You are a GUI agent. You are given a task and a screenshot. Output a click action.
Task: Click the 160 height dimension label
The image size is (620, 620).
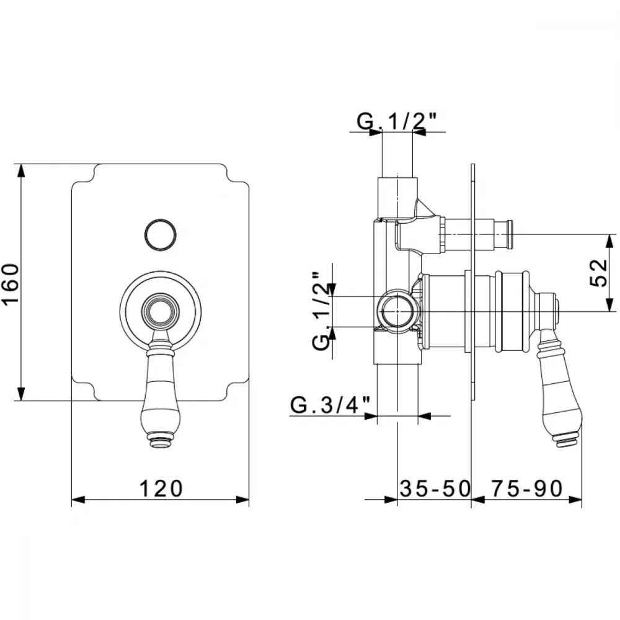(x=11, y=284)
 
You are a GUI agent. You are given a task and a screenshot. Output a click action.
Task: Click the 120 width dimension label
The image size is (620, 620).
(x=161, y=489)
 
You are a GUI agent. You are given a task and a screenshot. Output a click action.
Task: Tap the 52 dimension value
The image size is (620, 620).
(x=598, y=273)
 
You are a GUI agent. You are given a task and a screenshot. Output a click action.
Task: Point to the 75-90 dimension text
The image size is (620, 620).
(x=526, y=489)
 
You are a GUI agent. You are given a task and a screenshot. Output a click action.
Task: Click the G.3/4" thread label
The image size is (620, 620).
(x=330, y=405)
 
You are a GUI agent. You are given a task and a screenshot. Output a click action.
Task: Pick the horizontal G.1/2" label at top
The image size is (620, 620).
(x=397, y=122)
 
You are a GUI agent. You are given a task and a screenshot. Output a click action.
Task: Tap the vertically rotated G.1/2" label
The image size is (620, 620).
(x=321, y=311)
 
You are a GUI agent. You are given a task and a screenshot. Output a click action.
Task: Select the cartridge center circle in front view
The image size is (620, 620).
(x=160, y=311)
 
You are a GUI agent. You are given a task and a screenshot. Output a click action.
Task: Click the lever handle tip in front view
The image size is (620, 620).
(x=160, y=443)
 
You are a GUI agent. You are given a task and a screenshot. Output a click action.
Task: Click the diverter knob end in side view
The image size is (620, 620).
(x=510, y=234)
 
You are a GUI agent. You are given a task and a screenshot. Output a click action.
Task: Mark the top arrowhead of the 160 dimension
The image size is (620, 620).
(x=21, y=170)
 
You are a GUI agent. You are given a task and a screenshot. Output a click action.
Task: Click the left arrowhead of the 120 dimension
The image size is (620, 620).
(x=78, y=500)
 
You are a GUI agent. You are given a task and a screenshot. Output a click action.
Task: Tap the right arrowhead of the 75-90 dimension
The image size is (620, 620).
(x=576, y=500)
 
